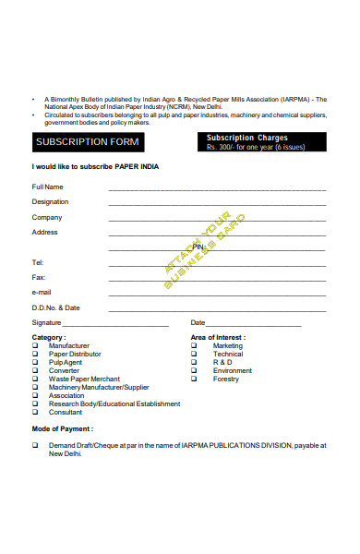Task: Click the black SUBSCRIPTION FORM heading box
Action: [87, 142]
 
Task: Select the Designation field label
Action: [50, 201]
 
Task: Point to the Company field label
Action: [47, 217]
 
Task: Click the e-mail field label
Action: [42, 292]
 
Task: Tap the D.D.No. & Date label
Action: [56, 307]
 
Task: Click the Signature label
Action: [47, 323]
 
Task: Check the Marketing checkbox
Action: [194, 345]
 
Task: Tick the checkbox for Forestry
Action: [194, 379]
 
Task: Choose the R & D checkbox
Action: [194, 362]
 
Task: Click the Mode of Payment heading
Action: [63, 429]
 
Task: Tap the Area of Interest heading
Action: [218, 337]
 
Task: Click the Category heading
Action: [49, 337]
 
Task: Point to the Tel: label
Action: [38, 262]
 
